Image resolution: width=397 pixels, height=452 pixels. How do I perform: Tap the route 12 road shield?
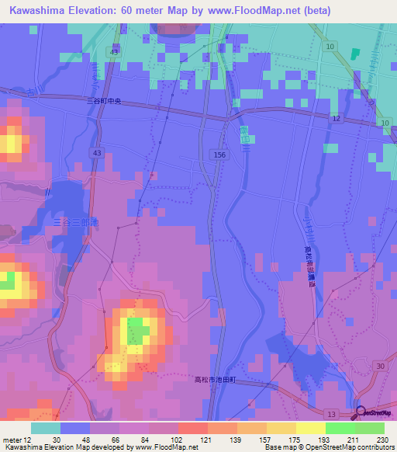[x=336, y=117]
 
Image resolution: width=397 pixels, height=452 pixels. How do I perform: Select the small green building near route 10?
[x=355, y=54]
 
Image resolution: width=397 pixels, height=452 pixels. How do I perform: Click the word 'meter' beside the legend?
[x=11, y=438]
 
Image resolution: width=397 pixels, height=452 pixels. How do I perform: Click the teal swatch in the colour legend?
[x=46, y=428]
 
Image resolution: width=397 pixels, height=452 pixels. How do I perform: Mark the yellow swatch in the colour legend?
[x=311, y=428]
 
